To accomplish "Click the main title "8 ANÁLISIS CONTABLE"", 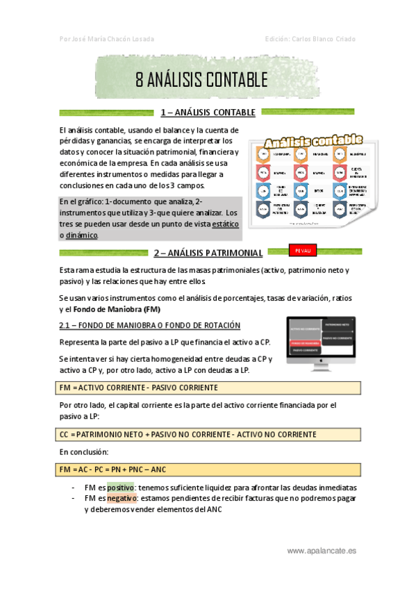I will click(201, 80).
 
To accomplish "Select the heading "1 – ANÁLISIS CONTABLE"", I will click(208, 113).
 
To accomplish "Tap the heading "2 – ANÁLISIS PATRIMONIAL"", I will click(208, 253).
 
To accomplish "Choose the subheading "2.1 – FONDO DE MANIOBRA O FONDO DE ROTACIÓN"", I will click(150, 325).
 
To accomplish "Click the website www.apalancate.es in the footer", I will click(322, 551).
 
